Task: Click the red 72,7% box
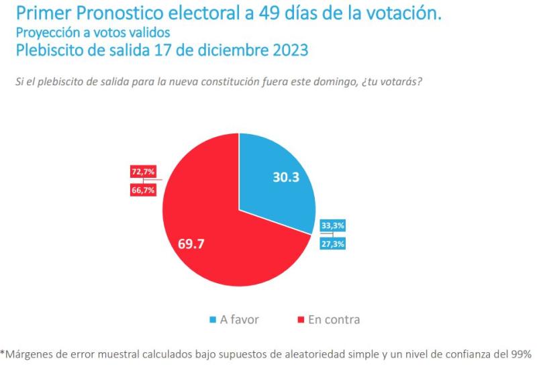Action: (143, 172)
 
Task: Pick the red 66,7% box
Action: (143, 191)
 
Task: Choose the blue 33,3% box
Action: (333, 226)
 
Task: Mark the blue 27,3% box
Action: (333, 244)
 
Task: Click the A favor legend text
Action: (240, 320)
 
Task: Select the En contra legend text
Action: (334, 320)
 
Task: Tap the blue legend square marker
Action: (213, 321)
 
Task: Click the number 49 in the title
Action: (281, 13)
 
